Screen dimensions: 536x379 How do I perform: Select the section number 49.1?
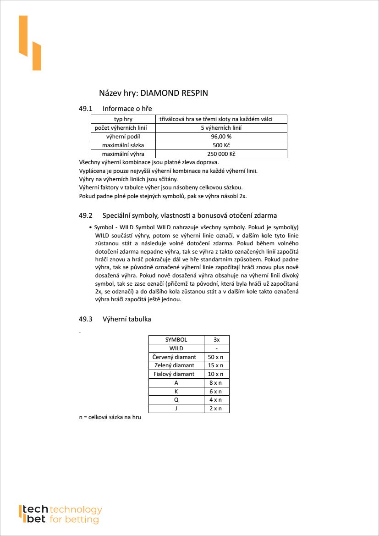[x=86, y=109]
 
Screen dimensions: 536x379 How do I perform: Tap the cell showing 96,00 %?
[x=221, y=137]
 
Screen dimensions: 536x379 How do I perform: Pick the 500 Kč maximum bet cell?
[x=221, y=145]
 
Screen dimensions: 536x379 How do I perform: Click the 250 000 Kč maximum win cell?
[x=221, y=154]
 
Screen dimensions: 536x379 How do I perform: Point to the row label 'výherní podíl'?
[x=123, y=137]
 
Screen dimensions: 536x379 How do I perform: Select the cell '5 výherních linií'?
[x=221, y=128]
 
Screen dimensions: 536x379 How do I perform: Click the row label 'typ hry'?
[x=123, y=119]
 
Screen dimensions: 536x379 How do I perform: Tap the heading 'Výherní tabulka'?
[x=126, y=319]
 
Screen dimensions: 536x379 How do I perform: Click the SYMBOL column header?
[x=176, y=340]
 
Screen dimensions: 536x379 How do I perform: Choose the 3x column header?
[x=216, y=340]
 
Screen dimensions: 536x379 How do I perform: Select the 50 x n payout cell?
[x=216, y=357]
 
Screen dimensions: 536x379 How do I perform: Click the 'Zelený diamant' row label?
[x=175, y=365]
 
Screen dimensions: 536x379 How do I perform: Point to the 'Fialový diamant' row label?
[x=174, y=374]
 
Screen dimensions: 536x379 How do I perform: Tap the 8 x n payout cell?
[x=216, y=383]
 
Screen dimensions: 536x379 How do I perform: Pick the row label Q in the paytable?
[x=176, y=400]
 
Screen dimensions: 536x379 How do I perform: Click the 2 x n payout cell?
[x=216, y=409]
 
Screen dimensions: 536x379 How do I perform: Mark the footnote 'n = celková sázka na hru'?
[x=110, y=418]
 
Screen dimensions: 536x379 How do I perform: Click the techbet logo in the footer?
[x=60, y=514]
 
